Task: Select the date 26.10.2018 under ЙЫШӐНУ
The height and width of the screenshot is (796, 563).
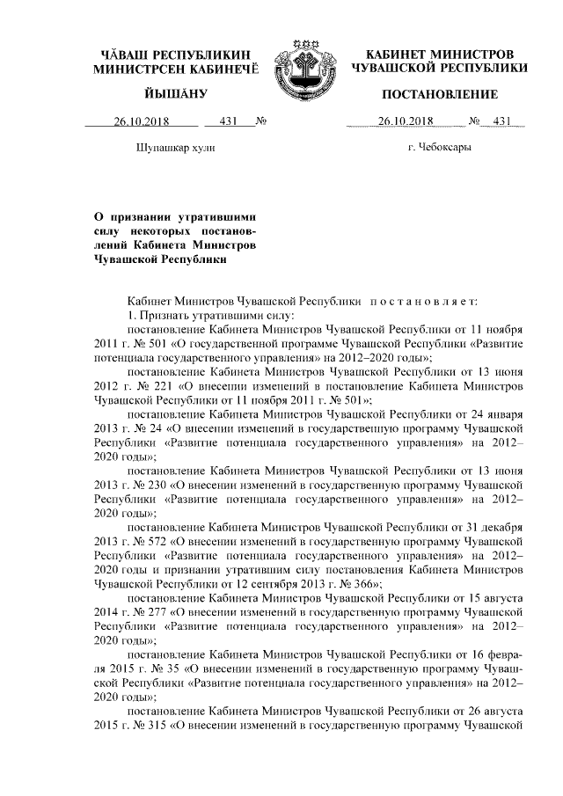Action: pyautogui.click(x=140, y=122)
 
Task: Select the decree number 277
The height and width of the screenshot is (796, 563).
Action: pyautogui.click(x=162, y=609)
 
